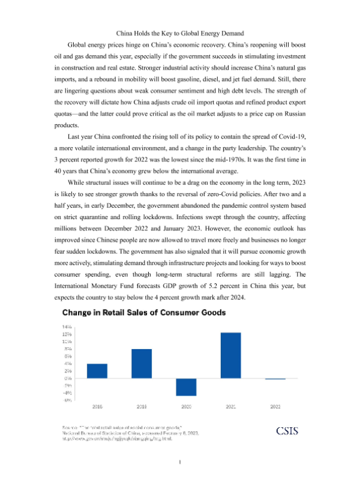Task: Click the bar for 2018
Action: pyautogui.click(x=97, y=371)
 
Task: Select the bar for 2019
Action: pyautogui.click(x=142, y=364)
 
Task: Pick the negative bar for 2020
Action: pyautogui.click(x=186, y=387)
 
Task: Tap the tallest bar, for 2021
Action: pyautogui.click(x=230, y=355)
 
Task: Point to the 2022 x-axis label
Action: pyautogui.click(x=275, y=407)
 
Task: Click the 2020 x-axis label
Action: pyautogui.click(x=186, y=407)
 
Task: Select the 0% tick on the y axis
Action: pyautogui.click(x=68, y=378)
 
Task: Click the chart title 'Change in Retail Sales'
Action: pyautogui.click(x=144, y=312)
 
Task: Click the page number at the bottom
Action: pyautogui.click(x=180, y=462)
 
